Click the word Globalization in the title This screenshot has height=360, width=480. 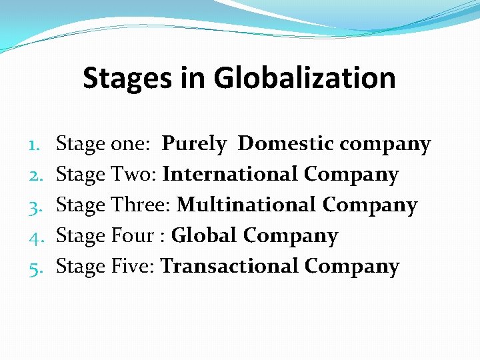point(305,78)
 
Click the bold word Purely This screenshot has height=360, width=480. point(195,144)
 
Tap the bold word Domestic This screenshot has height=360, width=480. point(286,143)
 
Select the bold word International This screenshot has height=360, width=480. point(230,175)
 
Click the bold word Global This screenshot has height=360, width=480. point(204,236)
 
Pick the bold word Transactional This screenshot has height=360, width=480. point(229,267)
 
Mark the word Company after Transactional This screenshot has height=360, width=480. point(352,267)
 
